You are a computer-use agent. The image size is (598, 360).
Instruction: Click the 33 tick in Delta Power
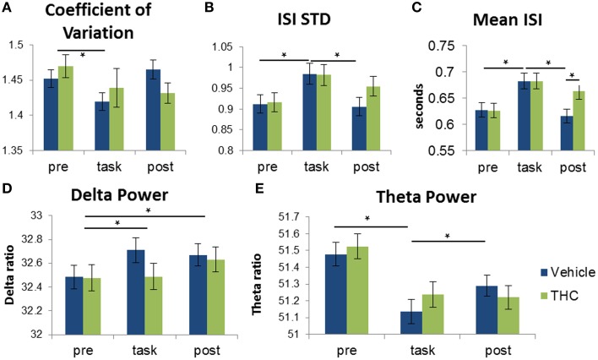click(x=35, y=215)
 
